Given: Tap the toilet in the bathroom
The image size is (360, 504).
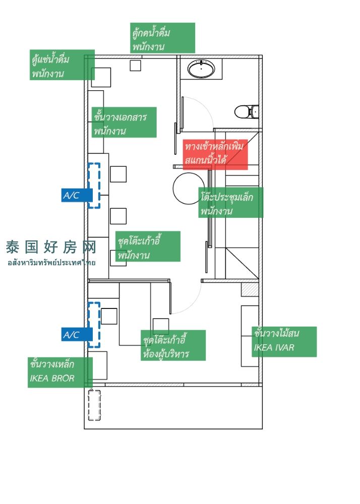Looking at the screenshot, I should click(x=246, y=111).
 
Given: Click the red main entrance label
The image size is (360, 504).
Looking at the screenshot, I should click(x=215, y=154).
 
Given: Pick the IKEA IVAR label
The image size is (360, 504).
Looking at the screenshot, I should click(x=284, y=341).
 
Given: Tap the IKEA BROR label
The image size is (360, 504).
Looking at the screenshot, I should click(x=60, y=372).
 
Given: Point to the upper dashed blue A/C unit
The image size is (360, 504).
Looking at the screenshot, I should click(x=94, y=185).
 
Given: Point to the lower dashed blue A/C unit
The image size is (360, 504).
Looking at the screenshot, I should click(x=94, y=325).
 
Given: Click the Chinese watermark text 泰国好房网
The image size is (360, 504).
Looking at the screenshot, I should click(x=50, y=247).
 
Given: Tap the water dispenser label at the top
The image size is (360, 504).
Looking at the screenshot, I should click(x=162, y=38).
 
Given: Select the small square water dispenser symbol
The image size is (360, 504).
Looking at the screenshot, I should click(x=135, y=65).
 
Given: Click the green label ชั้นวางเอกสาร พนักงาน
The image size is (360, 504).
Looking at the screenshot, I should click(x=124, y=122).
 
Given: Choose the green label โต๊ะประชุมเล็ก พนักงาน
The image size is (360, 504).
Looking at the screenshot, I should click(x=230, y=203).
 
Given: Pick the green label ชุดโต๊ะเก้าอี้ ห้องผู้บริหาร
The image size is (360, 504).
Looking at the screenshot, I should click(x=173, y=345).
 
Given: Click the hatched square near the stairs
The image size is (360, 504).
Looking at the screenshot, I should click(x=250, y=290).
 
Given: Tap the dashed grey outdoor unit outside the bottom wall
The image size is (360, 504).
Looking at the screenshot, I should click(x=94, y=405).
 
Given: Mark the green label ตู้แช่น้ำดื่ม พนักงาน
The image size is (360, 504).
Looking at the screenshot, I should click(x=62, y=65).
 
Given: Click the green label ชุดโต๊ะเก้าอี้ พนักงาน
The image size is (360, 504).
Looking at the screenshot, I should click(x=147, y=246).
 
